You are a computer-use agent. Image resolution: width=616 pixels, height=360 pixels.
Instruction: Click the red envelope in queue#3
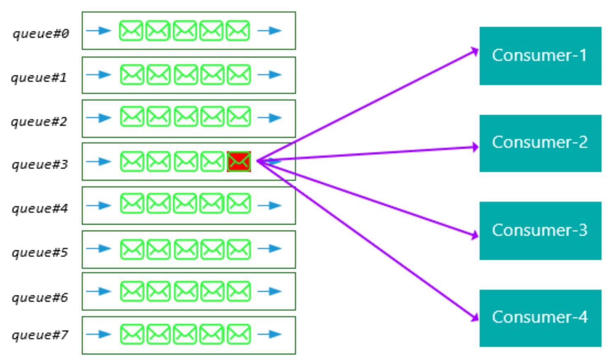coord(239,162)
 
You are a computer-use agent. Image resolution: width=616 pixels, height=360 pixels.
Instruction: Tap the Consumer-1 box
coord(540,56)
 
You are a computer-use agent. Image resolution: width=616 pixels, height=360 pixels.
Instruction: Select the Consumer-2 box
coord(540,143)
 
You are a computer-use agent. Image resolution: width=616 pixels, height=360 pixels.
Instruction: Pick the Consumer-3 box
coord(540,231)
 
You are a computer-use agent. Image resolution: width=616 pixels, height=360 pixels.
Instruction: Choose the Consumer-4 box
coord(540,318)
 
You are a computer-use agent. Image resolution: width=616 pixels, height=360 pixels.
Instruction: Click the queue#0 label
coord(41,34)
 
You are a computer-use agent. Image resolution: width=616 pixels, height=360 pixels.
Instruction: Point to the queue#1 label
coord(39,78)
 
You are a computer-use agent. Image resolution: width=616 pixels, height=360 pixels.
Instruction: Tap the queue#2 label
coord(39,122)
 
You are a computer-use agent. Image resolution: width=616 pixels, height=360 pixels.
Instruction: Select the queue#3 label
coord(40,165)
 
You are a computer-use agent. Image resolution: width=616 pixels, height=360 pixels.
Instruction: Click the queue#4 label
coord(40,209)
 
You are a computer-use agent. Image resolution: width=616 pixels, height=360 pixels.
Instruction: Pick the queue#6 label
coord(40,298)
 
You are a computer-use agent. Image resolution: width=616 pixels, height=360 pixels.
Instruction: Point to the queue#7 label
coord(40,335)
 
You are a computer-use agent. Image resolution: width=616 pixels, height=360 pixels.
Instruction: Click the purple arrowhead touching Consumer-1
coord(474,51)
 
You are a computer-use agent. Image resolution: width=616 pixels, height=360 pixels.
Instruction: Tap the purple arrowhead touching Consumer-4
coord(474,318)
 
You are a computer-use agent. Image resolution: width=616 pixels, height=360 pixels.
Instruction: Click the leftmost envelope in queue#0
coord(131,30)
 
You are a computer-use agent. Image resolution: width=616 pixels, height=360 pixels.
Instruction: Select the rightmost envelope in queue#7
coord(239,334)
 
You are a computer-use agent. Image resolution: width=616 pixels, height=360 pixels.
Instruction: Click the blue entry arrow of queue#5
coord(98,248)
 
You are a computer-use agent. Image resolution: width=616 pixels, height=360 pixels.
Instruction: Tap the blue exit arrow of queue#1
coord(269,75)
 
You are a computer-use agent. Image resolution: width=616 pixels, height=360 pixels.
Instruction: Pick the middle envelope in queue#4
coord(185,203)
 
